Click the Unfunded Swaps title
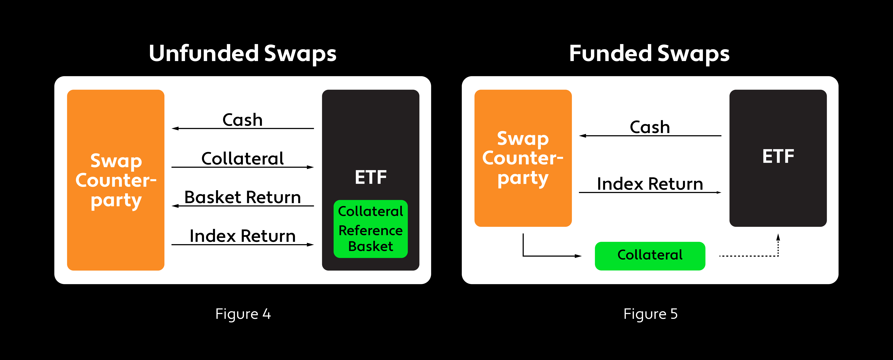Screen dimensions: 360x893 click(x=242, y=54)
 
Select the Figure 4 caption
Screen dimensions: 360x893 click(x=243, y=314)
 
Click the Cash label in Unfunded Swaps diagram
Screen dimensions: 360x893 click(x=242, y=120)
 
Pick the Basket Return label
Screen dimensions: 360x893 click(x=242, y=198)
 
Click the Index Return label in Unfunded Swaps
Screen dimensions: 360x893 click(x=242, y=236)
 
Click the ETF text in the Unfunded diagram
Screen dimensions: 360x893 click(x=370, y=177)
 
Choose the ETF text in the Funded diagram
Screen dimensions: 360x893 click(x=778, y=156)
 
